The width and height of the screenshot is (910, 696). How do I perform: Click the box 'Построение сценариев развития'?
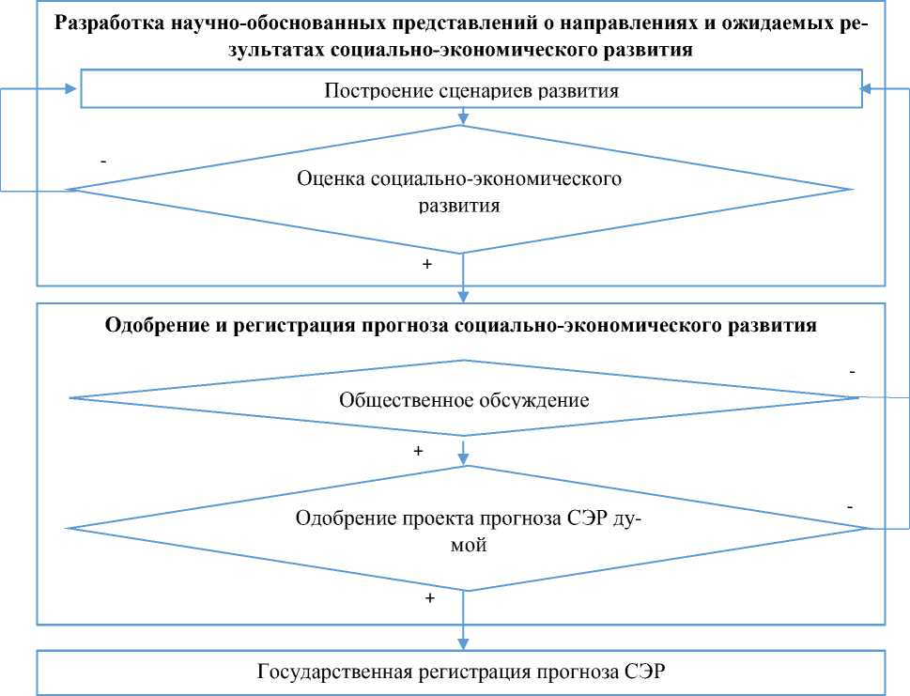pyautogui.click(x=470, y=91)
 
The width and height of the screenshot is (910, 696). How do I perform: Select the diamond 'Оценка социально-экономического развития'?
pyautogui.click(x=459, y=191)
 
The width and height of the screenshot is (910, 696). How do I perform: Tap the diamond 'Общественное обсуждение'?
pyautogui.click(x=464, y=399)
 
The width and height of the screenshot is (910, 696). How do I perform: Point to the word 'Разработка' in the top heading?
pyautogui.click(x=107, y=24)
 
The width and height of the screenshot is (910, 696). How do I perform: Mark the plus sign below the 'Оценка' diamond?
pyautogui.click(x=427, y=265)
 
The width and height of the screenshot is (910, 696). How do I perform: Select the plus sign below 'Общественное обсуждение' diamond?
pyautogui.click(x=418, y=451)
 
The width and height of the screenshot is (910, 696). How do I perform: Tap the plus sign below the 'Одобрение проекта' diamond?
pyautogui.click(x=430, y=598)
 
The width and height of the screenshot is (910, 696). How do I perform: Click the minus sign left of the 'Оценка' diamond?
pyautogui.click(x=102, y=162)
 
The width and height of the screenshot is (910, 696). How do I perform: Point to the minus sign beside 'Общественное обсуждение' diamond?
pyautogui.click(x=852, y=372)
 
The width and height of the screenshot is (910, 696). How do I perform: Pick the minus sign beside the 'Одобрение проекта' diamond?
pyautogui.click(x=849, y=506)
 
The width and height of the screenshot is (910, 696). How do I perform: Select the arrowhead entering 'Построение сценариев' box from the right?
pyautogui.click(x=867, y=89)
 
